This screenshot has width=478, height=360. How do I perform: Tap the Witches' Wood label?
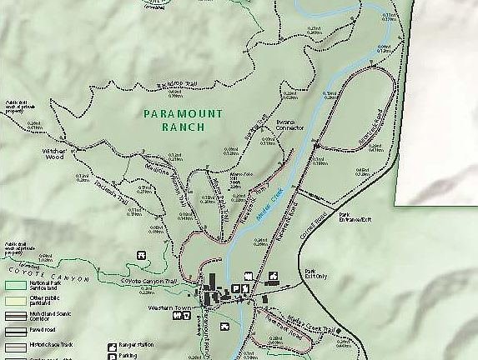[54, 152]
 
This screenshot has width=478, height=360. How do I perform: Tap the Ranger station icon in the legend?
[112, 345]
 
